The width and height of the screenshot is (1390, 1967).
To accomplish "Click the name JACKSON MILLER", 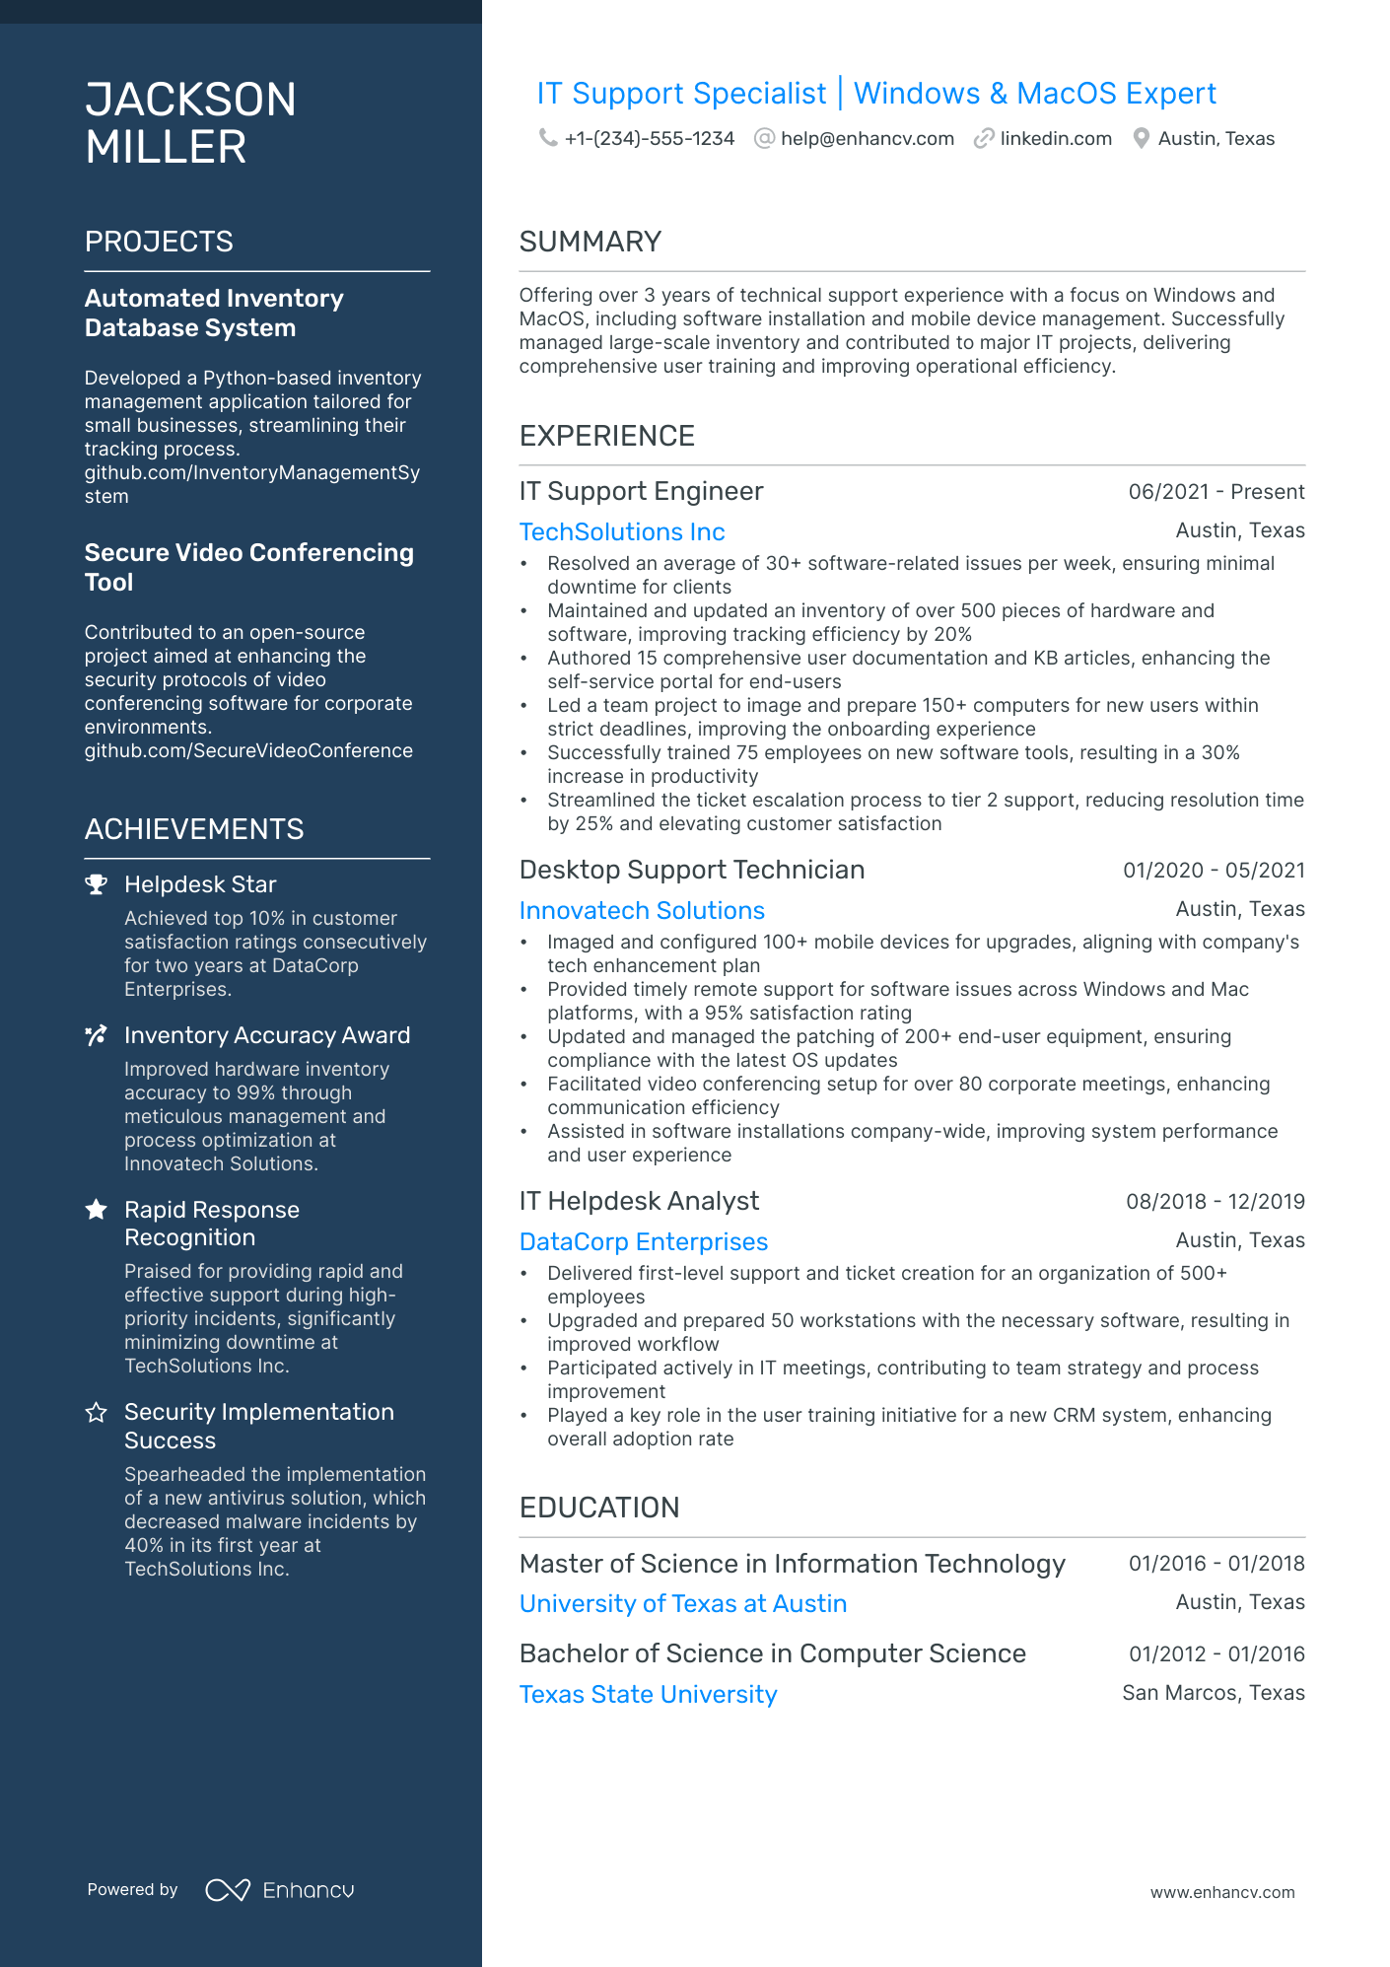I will (190, 123).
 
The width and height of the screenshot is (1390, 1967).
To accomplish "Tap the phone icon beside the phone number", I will (547, 138).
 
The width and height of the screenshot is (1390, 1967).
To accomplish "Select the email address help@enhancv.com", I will (867, 139).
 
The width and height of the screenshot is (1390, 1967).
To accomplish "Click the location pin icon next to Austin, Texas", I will (1141, 138).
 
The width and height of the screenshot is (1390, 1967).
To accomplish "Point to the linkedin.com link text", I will (1055, 139).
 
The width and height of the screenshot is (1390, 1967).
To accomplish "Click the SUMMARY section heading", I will (590, 242).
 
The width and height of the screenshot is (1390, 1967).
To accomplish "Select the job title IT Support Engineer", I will (641, 491).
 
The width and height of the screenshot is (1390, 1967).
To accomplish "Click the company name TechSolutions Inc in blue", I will (622, 532).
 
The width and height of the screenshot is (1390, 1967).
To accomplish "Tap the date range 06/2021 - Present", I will (1216, 492).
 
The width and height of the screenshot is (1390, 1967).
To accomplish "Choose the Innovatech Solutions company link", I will (642, 911).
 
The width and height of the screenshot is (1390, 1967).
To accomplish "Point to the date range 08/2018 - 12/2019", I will (1215, 1202).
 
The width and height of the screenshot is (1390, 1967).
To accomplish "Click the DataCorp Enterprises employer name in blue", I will (643, 1242).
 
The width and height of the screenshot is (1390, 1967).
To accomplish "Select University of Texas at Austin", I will (683, 1604).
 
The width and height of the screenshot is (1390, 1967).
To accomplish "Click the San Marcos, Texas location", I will (1213, 1693).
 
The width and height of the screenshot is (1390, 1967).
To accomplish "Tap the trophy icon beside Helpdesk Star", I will (96, 884).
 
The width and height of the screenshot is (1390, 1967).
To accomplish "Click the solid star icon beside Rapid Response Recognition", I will (96, 1210).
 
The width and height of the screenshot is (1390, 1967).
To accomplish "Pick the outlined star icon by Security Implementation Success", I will (96, 1413).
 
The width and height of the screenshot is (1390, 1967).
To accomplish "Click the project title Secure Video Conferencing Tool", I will (248, 567).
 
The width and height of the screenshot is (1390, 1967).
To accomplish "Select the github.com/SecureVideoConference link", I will (248, 751).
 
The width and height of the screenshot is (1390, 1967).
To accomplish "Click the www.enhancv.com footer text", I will (1221, 1892).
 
